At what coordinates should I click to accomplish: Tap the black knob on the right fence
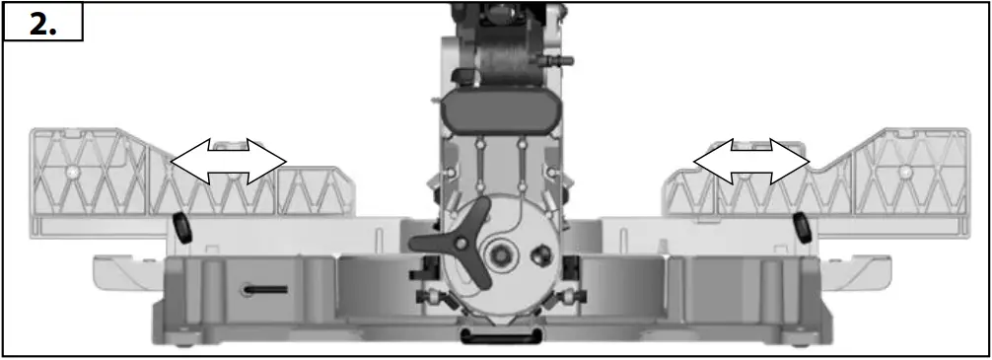pyautogui.click(x=802, y=226)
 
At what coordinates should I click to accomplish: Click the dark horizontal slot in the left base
pyautogui.click(x=263, y=289)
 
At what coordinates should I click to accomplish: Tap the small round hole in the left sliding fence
pyautogui.click(x=73, y=171)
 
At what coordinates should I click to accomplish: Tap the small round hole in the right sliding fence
pyautogui.click(x=905, y=173)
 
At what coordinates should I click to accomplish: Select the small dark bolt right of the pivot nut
pyautogui.click(x=540, y=255)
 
